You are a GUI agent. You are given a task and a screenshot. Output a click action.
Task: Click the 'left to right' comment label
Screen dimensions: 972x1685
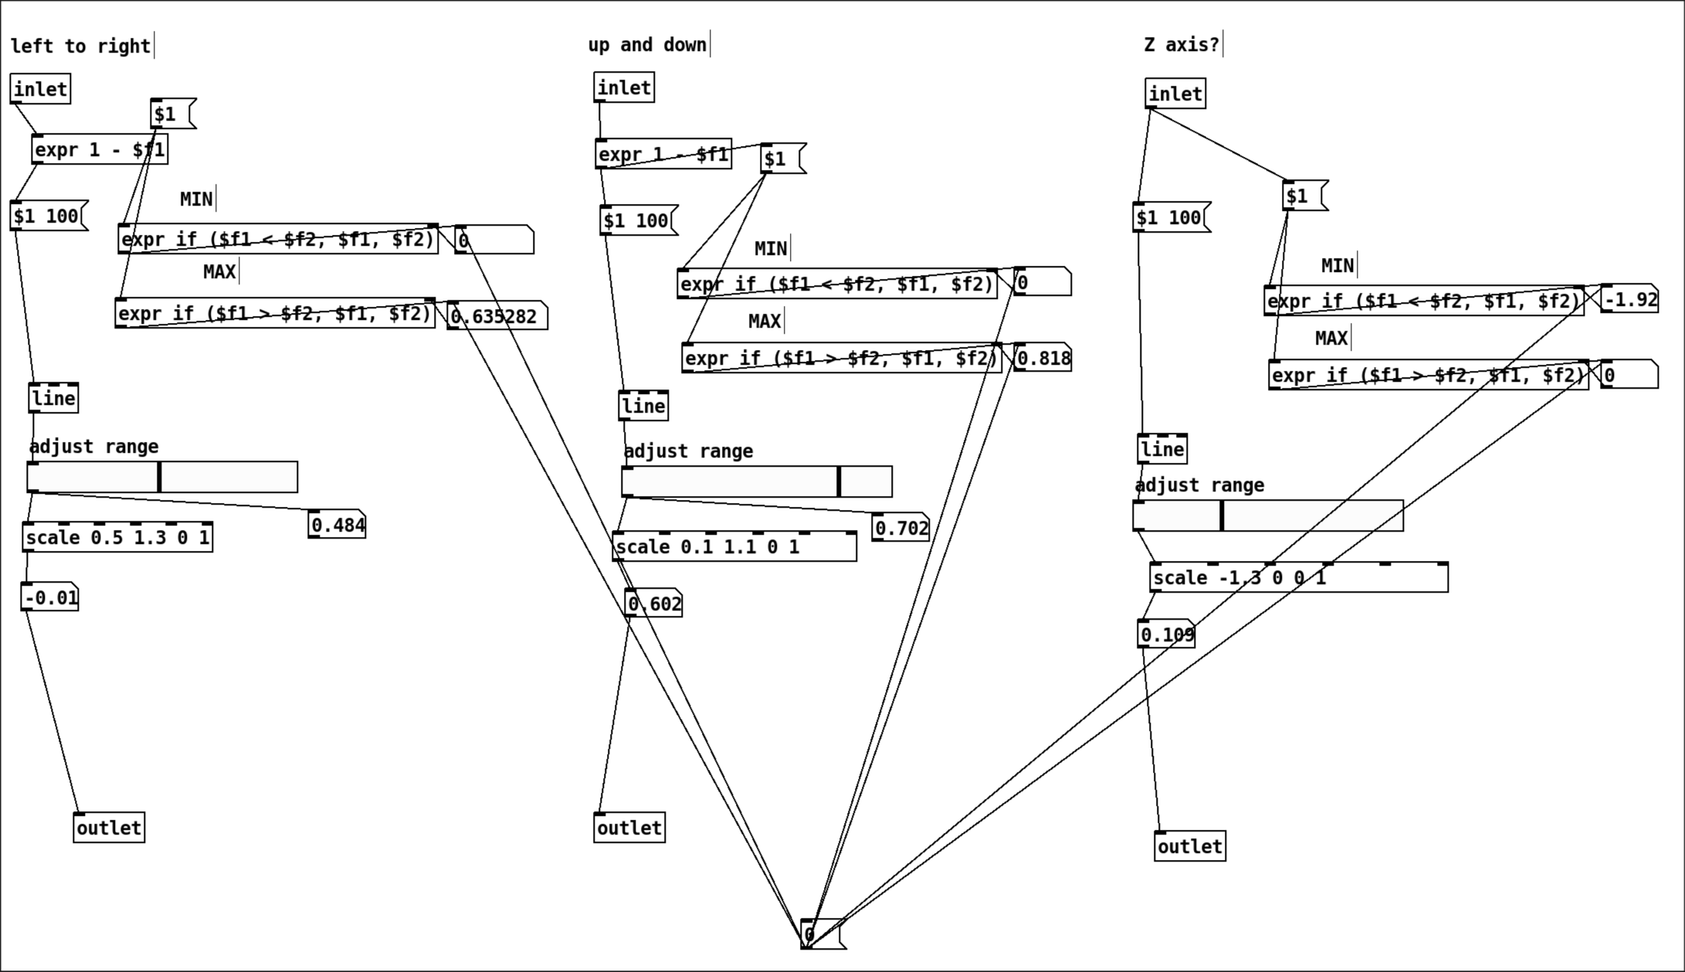click(x=80, y=46)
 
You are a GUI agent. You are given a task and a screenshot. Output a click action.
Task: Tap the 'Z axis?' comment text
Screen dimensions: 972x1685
click(x=1182, y=45)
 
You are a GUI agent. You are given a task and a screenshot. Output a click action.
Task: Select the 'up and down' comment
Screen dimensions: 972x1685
click(x=647, y=45)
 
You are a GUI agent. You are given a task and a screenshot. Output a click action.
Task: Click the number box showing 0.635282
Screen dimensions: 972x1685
click(x=497, y=316)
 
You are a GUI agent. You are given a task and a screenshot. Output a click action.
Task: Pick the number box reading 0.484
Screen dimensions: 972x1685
click(x=337, y=525)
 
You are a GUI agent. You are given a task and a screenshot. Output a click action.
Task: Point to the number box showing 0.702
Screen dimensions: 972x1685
click(x=901, y=528)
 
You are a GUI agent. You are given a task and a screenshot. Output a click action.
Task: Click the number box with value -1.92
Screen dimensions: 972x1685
click(x=1630, y=300)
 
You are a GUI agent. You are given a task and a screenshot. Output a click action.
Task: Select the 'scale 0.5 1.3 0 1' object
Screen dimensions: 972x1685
click(x=117, y=538)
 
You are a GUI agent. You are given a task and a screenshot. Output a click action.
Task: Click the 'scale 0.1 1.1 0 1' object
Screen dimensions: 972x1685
click(x=734, y=547)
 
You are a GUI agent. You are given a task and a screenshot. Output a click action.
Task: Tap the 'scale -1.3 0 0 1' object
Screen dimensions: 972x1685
click(x=1298, y=578)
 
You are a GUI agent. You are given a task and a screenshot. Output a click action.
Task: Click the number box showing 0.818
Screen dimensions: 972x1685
click(x=1043, y=359)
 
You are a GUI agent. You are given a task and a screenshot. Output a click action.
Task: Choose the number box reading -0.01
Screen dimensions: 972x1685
click(x=50, y=598)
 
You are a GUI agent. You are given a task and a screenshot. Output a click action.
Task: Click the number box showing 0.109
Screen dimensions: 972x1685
click(x=1167, y=635)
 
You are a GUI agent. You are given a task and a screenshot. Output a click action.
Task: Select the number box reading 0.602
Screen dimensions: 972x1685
click(x=654, y=604)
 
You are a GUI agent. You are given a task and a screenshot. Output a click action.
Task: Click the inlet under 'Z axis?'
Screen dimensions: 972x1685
click(x=1175, y=94)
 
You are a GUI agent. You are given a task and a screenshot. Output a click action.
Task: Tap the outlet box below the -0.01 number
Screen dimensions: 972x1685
click(x=109, y=828)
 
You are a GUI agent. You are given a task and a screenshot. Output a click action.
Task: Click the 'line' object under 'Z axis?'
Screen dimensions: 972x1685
click(x=1162, y=450)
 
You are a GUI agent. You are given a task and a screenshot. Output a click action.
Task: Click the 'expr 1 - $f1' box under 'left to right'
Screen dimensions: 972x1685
click(x=100, y=150)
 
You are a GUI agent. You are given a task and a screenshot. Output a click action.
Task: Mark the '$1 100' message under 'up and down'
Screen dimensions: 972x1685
click(x=638, y=221)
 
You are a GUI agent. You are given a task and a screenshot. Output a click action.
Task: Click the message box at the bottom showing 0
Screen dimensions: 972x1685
click(x=822, y=935)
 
